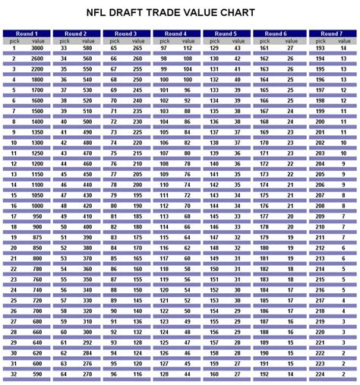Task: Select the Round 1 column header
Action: tap(27, 33)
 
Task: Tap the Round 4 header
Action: tap(176, 33)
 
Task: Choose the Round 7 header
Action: tap(331, 33)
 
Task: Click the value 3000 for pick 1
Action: tap(37, 48)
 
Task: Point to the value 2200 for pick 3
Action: tap(37, 68)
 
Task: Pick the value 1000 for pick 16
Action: tap(37, 204)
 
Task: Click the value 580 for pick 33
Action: tap(87, 48)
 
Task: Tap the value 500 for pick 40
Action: tap(87, 121)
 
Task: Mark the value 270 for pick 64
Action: tap(87, 374)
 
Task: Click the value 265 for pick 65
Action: tap(137, 48)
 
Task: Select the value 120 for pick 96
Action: tap(137, 374)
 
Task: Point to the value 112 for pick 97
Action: tap(187, 48)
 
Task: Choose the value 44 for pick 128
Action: tap(188, 374)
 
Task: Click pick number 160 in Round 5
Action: tap(214, 374)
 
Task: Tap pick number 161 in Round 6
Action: tap(264, 48)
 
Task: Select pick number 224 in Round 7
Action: tap(320, 374)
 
